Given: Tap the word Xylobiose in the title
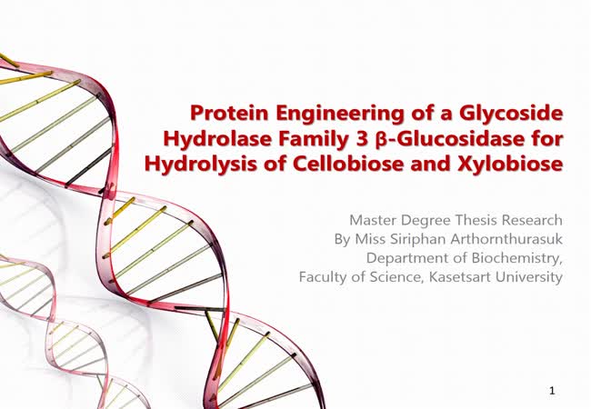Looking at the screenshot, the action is tap(510, 165).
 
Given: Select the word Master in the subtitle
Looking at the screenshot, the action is tap(373, 220).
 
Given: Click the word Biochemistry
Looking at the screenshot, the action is tap(517, 259).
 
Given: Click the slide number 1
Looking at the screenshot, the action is tap(552, 391).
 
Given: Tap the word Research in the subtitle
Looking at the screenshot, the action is tap(533, 220).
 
